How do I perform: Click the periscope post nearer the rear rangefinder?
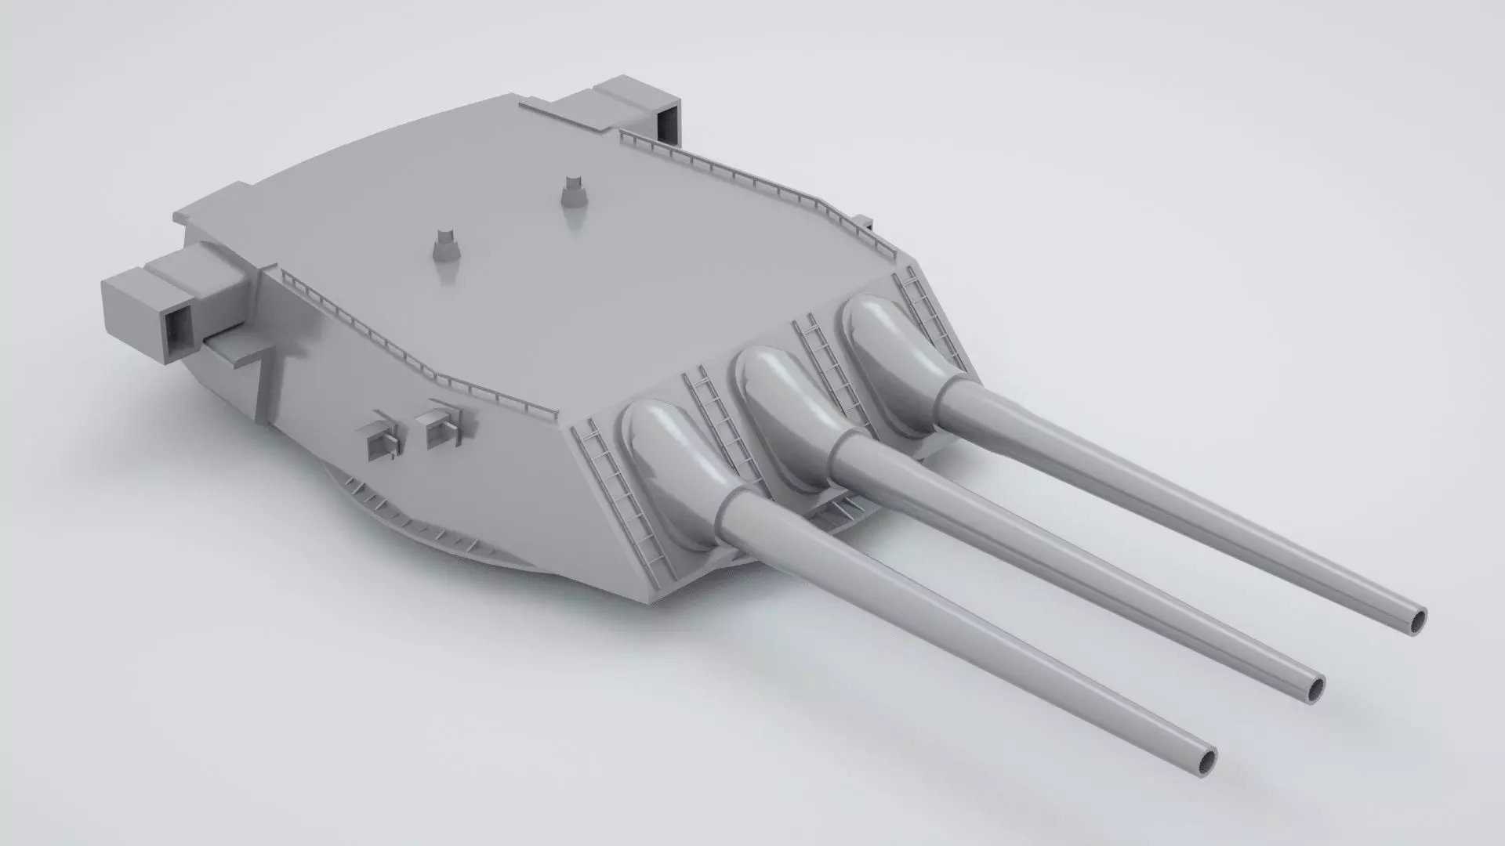click(575, 190)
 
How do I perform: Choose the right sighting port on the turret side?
click(441, 427)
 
